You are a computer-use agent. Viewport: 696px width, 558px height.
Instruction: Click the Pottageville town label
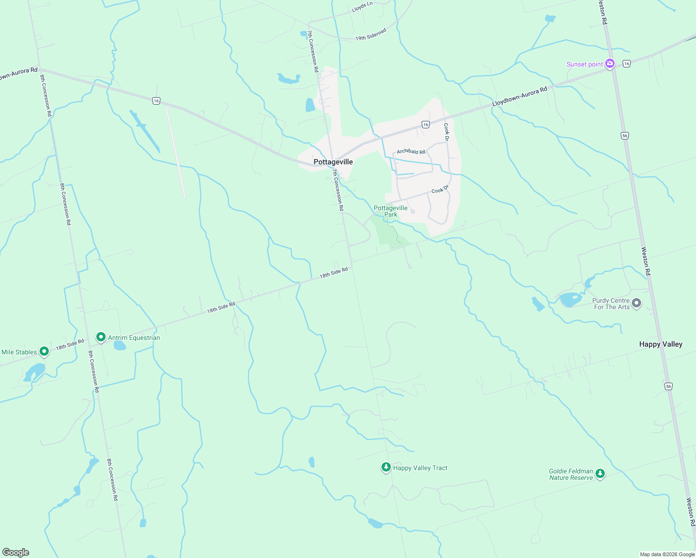(x=333, y=162)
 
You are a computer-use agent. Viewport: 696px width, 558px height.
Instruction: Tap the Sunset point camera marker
(x=609, y=64)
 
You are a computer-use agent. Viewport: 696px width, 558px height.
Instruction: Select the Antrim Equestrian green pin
(x=100, y=337)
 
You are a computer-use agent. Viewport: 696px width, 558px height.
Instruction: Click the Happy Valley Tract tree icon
(x=386, y=467)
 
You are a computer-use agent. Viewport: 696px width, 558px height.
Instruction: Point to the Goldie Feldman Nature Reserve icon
(x=600, y=473)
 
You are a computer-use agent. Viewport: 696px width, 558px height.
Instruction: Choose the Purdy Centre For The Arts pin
(x=636, y=303)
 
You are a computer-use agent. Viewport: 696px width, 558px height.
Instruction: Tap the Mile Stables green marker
(x=44, y=352)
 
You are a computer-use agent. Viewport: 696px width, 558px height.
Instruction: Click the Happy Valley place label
(x=661, y=344)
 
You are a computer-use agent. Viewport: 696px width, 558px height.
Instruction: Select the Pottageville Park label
(x=391, y=211)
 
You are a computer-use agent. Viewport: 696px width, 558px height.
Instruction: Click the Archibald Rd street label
(x=411, y=152)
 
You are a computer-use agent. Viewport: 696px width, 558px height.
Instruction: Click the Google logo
(x=16, y=552)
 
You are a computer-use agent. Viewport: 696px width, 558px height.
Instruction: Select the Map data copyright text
(x=667, y=554)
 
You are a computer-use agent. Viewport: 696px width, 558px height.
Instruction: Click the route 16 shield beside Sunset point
(x=627, y=64)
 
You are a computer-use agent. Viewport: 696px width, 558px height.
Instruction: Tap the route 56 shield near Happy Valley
(x=669, y=386)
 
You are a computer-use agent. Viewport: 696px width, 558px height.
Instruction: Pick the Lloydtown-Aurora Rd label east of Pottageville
(x=520, y=97)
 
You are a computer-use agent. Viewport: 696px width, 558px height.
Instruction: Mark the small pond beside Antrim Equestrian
(x=120, y=345)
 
